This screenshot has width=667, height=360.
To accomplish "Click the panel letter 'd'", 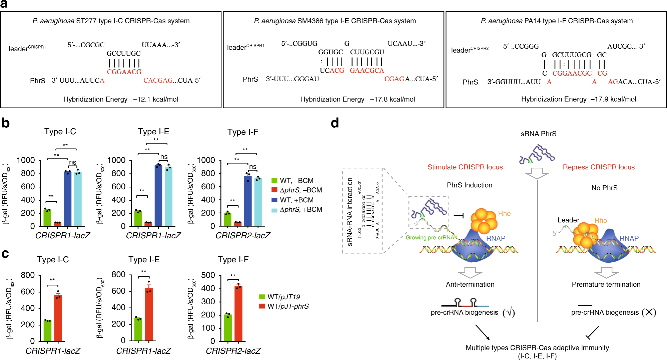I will (335, 123).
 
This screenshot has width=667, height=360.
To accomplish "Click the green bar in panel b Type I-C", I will (47, 217).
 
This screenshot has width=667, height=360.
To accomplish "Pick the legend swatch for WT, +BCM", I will (274, 200).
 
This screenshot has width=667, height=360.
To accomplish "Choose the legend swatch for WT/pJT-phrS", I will (262, 306).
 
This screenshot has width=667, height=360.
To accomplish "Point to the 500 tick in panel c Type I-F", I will (208, 275).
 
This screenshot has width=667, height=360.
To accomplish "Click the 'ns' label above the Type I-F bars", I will (253, 167).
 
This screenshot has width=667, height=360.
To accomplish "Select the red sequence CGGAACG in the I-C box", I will (124, 72).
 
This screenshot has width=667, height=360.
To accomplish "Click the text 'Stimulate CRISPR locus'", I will (465, 167).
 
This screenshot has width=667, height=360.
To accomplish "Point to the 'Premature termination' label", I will (606, 284).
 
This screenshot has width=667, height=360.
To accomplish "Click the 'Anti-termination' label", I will (470, 284).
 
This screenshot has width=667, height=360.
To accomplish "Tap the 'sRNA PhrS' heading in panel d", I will (538, 134).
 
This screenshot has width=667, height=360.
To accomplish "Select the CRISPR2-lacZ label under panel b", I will (243, 236).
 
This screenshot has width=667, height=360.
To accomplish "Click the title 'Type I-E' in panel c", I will (144, 259).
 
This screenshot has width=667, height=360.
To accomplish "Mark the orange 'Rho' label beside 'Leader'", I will (601, 220).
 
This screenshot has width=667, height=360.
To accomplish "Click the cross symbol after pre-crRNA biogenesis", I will (649, 312).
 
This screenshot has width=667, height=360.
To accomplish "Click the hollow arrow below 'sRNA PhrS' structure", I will (537, 173).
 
